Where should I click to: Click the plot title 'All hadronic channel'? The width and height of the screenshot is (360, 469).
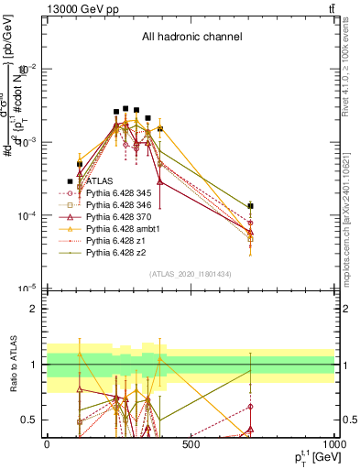(191, 38)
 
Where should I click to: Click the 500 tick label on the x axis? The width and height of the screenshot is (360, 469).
(191, 444)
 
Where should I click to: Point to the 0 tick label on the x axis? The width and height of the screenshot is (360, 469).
(47, 444)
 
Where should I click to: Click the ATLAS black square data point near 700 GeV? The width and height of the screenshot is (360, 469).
(250, 206)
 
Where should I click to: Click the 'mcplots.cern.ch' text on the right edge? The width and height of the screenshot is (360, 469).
(353, 234)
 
